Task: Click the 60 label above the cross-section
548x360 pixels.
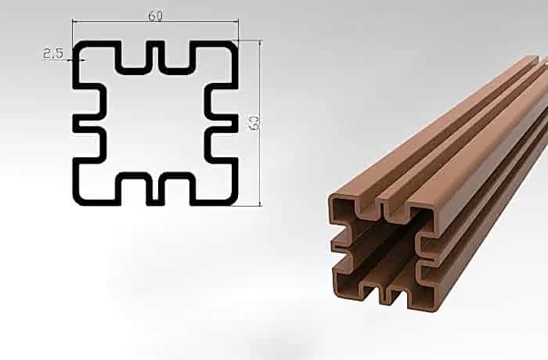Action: [x=155, y=16]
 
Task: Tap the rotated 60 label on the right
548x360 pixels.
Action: [x=254, y=122]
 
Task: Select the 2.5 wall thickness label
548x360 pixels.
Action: [x=53, y=53]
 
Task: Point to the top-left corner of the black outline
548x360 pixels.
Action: [x=74, y=42]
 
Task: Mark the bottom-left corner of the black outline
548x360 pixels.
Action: [x=74, y=203]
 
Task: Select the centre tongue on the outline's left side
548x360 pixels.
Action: [x=88, y=123]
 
